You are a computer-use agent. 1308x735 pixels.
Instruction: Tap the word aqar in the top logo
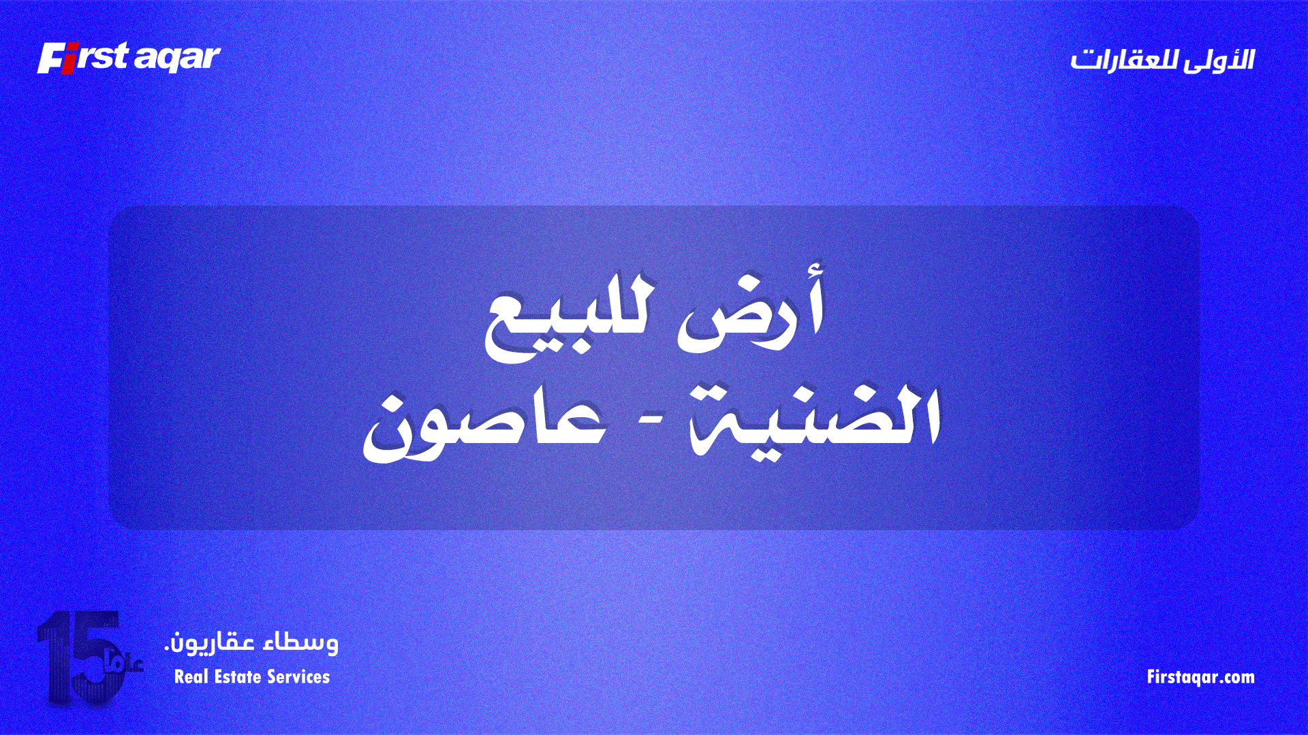pos(177,59)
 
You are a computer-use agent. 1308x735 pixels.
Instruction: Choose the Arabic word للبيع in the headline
pos(569,320)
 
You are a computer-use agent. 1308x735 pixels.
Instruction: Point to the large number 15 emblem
pos(78,657)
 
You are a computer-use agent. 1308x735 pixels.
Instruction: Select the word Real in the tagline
pos(189,677)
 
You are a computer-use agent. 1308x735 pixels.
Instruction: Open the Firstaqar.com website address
pos(1200,677)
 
